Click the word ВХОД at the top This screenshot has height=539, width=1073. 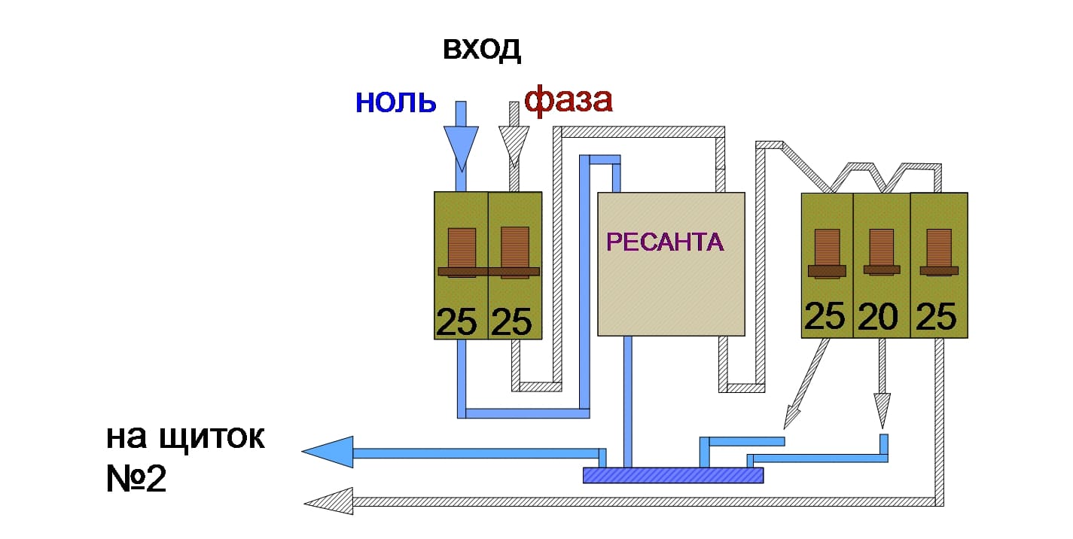482,50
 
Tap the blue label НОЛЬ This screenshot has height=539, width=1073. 395,101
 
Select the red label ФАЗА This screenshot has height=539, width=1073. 568,100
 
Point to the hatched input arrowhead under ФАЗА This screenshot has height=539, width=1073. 515,145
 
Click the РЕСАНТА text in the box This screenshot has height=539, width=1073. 665,242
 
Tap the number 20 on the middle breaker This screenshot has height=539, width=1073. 879,317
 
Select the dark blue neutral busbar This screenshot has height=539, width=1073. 673,475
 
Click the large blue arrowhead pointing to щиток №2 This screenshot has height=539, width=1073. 328,452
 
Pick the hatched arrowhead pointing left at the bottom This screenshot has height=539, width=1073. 328,501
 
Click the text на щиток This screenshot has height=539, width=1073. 185,439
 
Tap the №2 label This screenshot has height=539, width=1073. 136,480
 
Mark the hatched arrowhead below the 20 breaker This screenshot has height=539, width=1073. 882,409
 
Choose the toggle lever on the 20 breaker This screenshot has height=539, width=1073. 881,253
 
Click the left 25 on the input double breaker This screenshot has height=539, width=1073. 456,322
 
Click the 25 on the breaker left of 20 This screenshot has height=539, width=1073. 825,317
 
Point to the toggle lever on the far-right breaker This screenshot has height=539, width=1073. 938,253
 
